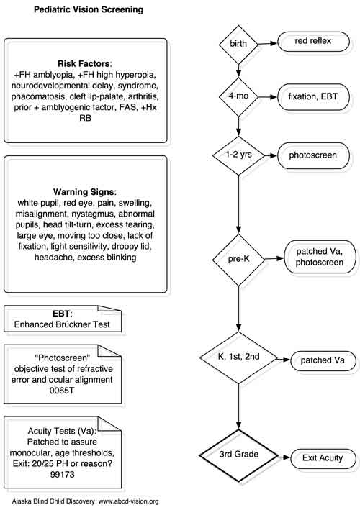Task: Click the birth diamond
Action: tap(238, 44)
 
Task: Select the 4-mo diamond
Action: tap(238, 96)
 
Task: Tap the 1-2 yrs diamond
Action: tap(238, 155)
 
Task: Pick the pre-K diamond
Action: tap(238, 260)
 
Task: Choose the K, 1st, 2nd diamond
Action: tap(238, 358)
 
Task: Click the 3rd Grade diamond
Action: tap(238, 455)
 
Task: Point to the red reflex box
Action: tap(313, 42)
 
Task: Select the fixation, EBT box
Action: tap(313, 97)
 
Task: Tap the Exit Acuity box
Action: tap(323, 459)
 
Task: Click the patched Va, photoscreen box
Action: tap(320, 257)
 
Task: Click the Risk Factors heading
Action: tap(85, 63)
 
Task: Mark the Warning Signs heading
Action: tap(85, 191)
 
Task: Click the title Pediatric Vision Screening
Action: tap(89, 9)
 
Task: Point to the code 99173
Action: tap(62, 474)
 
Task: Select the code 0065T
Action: tap(61, 391)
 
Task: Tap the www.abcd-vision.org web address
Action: tap(129, 501)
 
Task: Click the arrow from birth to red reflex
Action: tap(268, 44)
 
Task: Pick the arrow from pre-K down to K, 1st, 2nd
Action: tap(238, 309)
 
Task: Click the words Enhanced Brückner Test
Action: tap(62, 324)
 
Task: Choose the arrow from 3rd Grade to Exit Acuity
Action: tap(284, 457)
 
